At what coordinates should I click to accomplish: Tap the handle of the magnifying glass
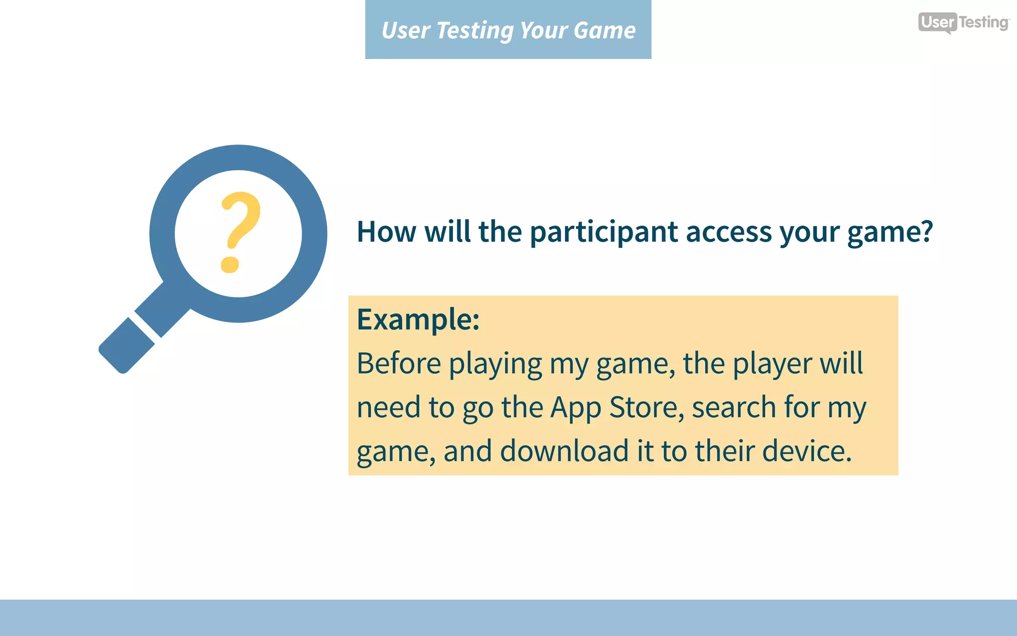pos(127,346)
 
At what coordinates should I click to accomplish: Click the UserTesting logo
pos(963,22)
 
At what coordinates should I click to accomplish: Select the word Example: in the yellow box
pos(418,319)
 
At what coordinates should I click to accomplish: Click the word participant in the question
pos(604,232)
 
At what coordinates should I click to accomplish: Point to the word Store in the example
pos(644,407)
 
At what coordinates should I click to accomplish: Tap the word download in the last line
pos(564,451)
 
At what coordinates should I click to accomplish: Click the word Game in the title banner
pos(604,30)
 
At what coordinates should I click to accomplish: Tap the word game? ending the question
pos(890,232)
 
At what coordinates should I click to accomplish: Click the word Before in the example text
pos(399,364)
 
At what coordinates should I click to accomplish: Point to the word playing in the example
pos(495,364)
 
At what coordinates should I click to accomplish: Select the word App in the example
pos(576,407)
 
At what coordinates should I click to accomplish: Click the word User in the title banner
pos(405,30)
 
